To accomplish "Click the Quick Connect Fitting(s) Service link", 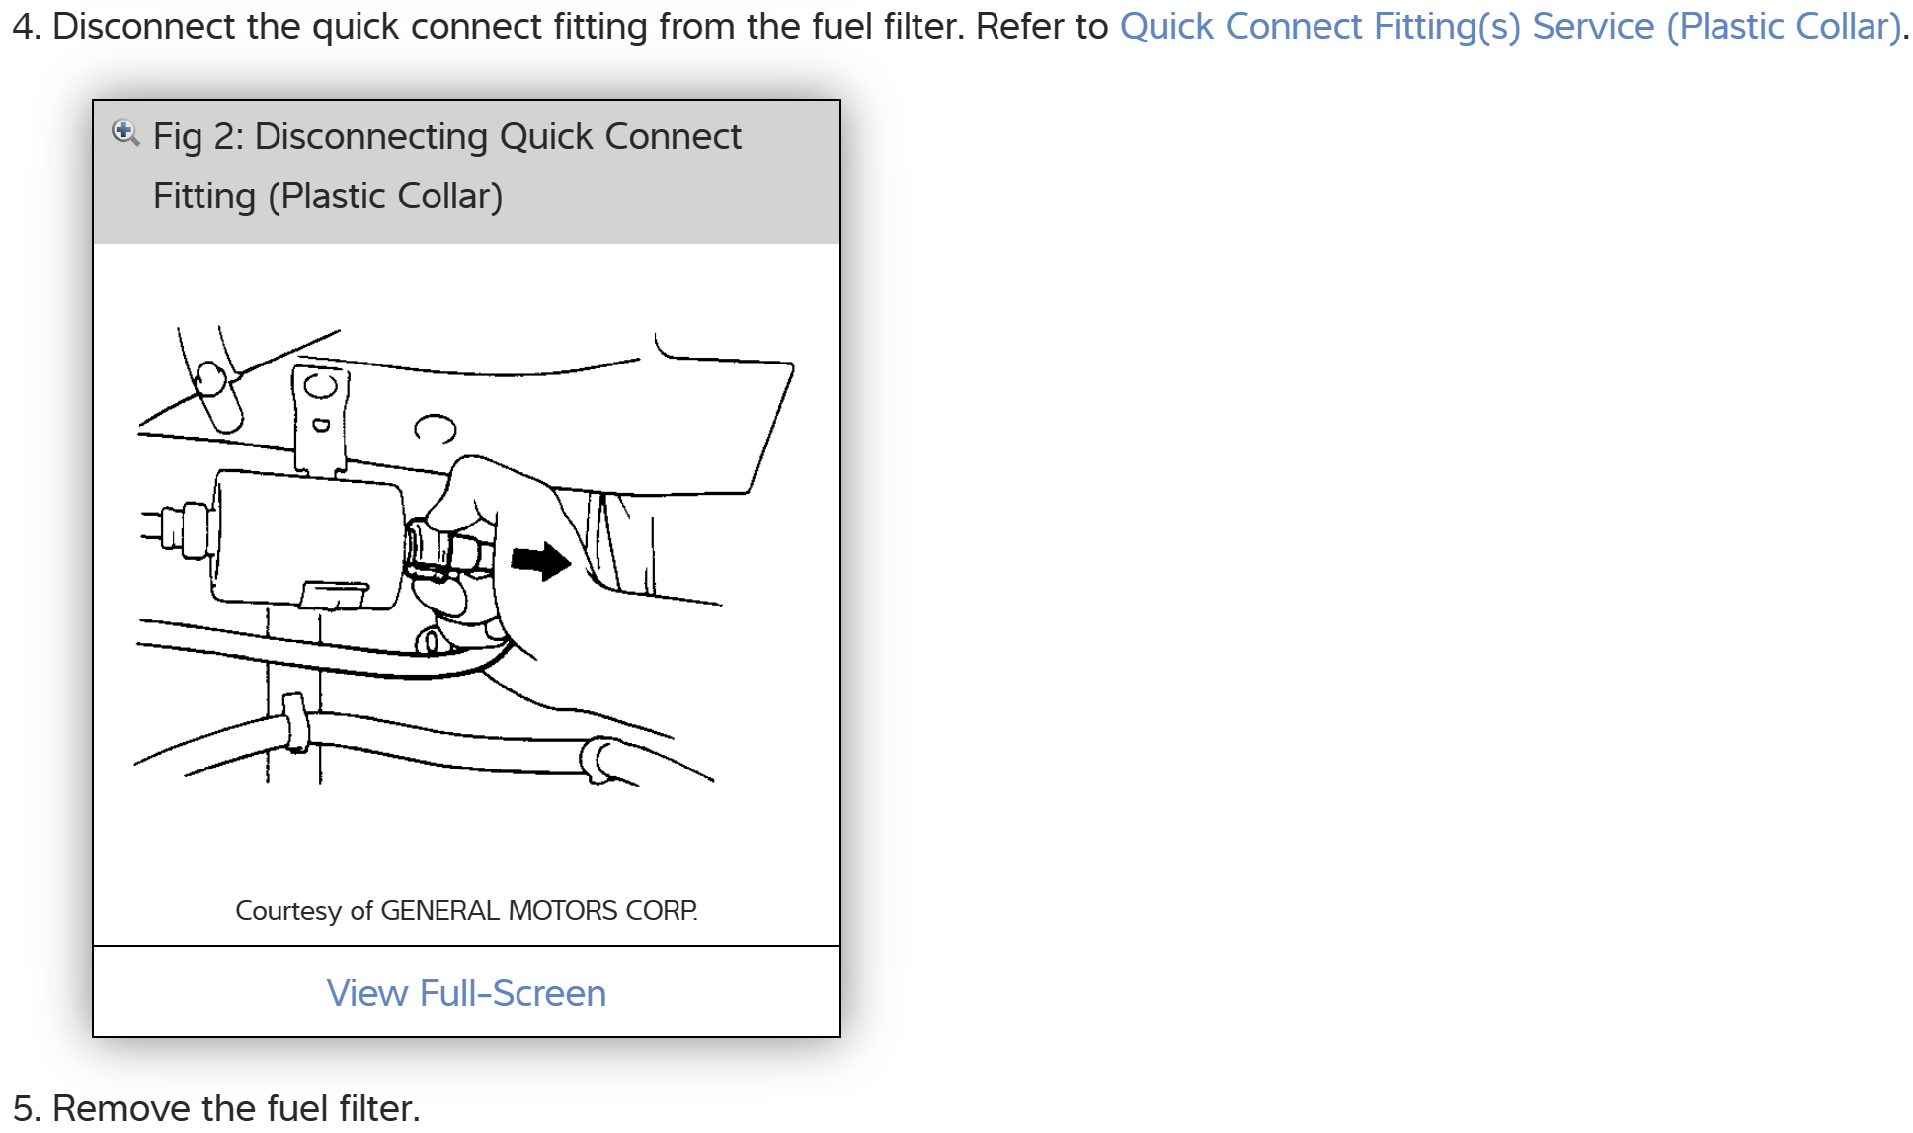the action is pyautogui.click(x=1510, y=27).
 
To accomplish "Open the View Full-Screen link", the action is pyautogui.click(x=466, y=993).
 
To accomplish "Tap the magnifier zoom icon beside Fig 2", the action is pyautogui.click(x=125, y=132).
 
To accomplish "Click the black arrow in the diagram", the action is pyautogui.click(x=540, y=561).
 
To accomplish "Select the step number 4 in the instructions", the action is pyautogui.click(x=25, y=27).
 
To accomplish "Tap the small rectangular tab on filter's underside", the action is pyautogui.click(x=333, y=594).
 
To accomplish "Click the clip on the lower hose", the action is pyautogui.click(x=294, y=723).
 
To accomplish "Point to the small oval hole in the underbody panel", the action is pyautogui.click(x=436, y=428).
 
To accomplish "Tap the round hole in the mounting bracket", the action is pyautogui.click(x=321, y=385).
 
